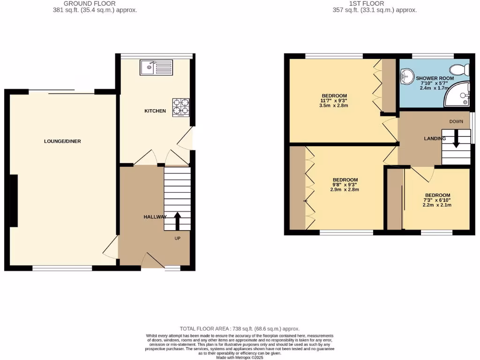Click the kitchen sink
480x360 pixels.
pos(156,68)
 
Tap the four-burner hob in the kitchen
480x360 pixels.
pos(181,107)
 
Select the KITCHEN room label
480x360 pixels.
pos(155,111)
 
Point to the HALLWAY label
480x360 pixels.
pos(155,217)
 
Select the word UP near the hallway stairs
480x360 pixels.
pos(178,238)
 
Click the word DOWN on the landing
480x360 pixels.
pos(456,121)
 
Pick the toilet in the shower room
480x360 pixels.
pos(464,69)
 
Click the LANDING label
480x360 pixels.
pos(435,138)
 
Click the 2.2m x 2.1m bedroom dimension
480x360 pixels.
pos(437,205)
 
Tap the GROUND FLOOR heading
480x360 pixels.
pos(90,3)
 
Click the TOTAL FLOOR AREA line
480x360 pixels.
pos(240,329)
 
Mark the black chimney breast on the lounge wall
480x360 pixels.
pos(13,201)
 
